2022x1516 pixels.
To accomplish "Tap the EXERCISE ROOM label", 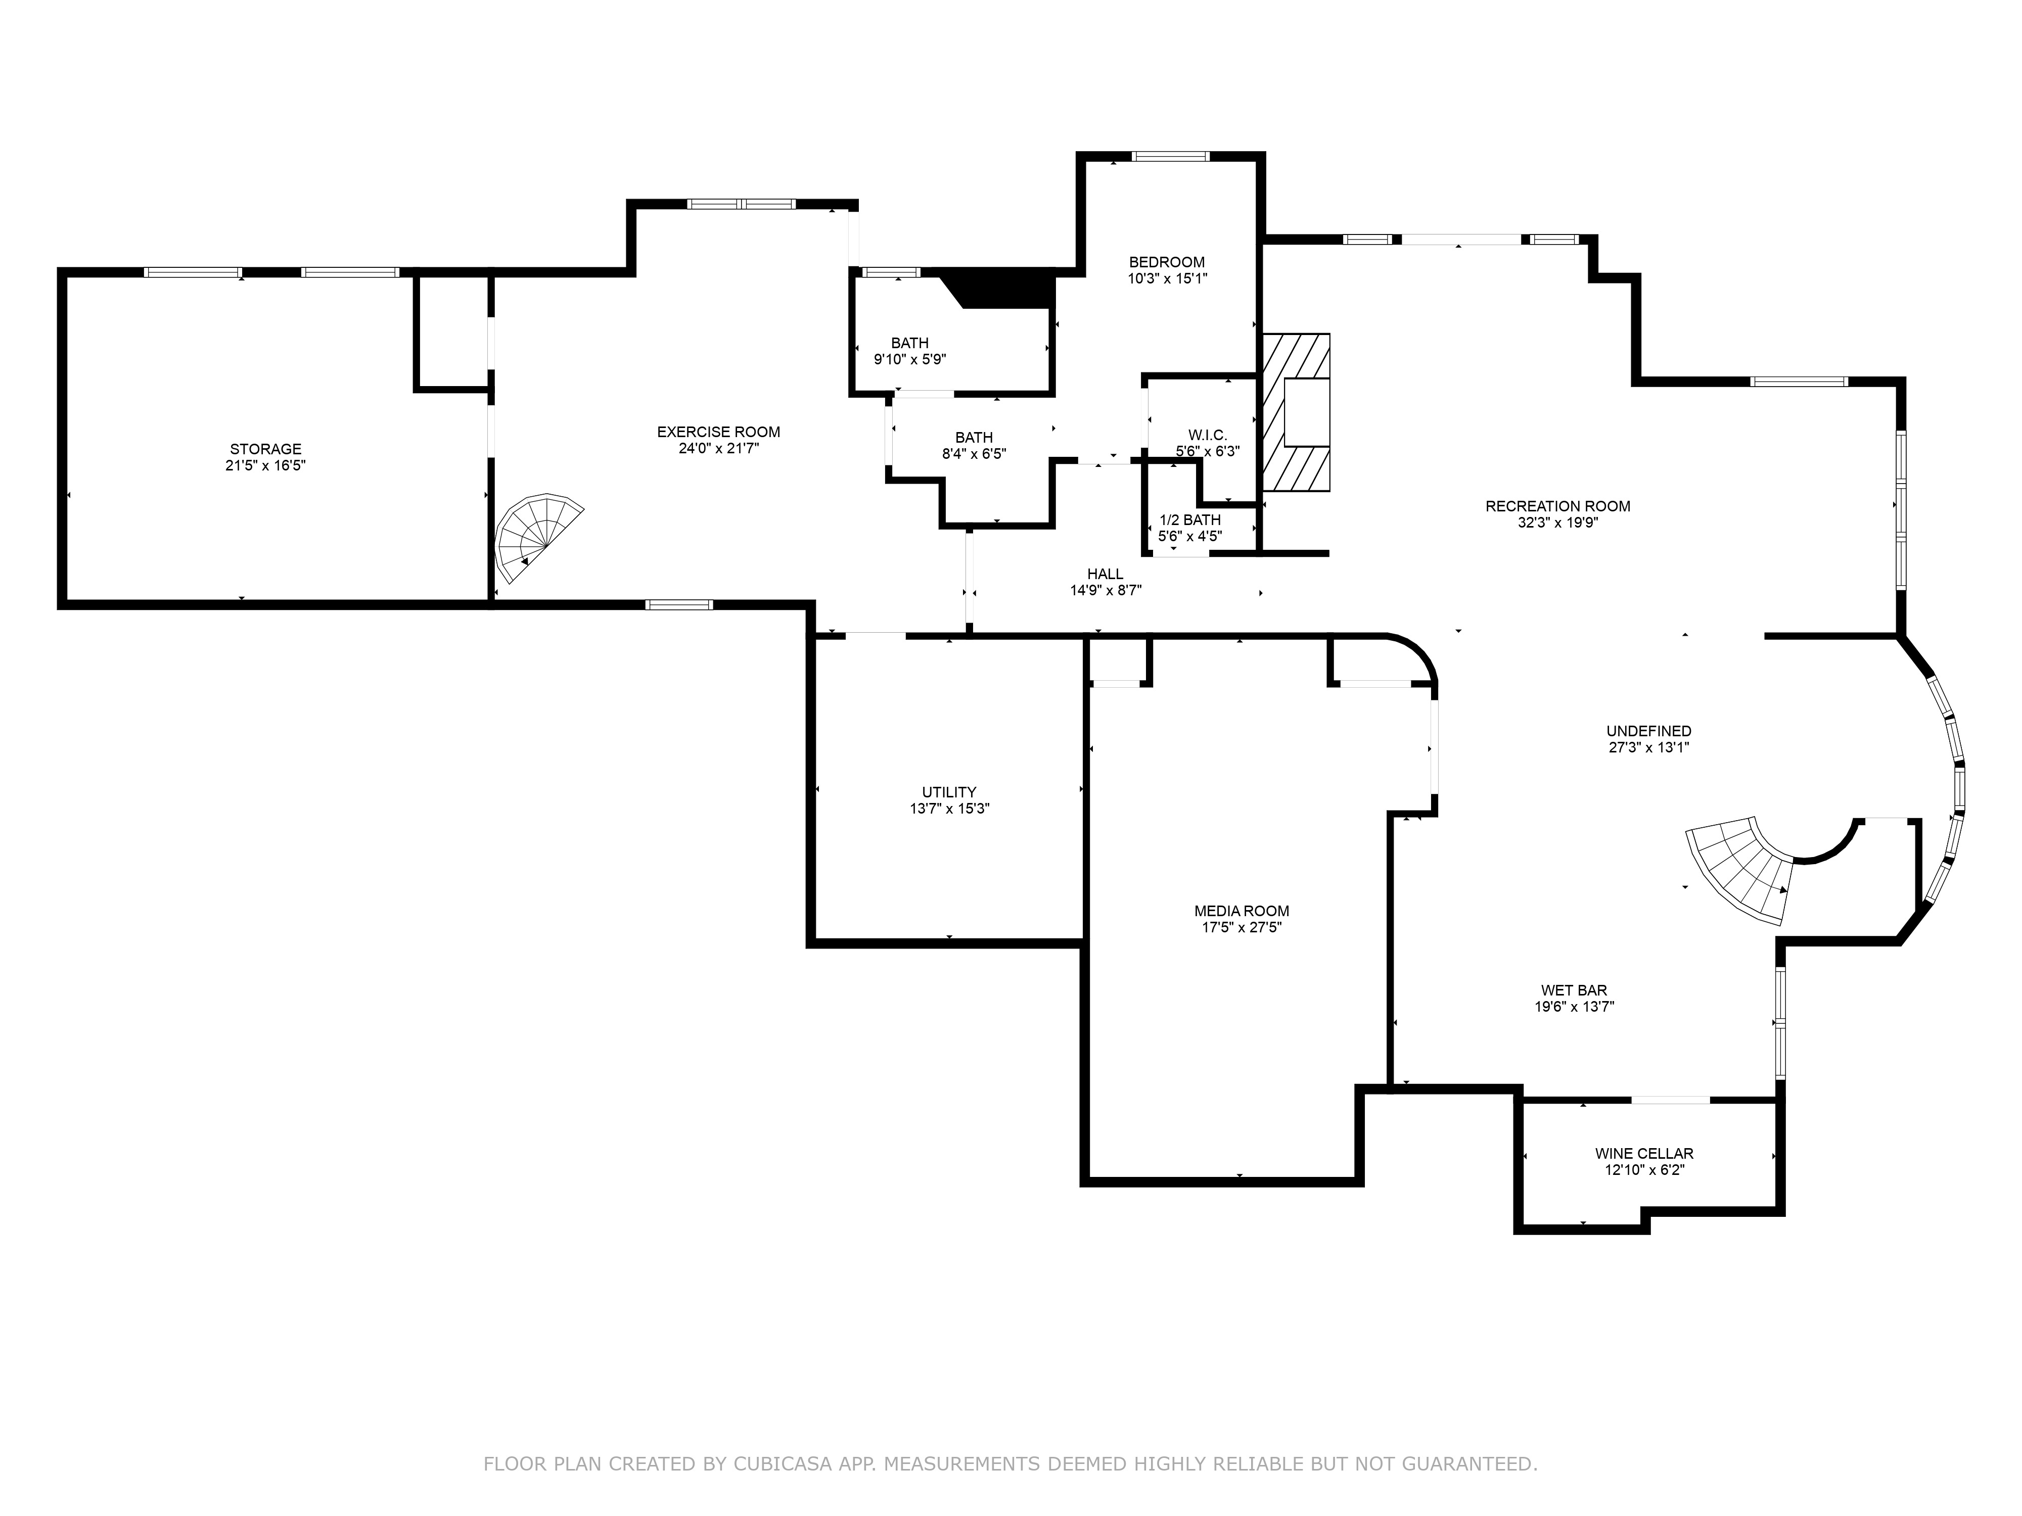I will click(718, 432).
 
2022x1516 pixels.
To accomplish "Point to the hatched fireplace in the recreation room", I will click(1296, 412).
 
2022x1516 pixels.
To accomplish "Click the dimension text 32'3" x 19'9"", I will click(1557, 523).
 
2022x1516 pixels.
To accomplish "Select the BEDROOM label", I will click(1166, 262).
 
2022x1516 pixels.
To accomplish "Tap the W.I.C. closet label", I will click(1208, 435).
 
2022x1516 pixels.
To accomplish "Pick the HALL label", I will click(1105, 574).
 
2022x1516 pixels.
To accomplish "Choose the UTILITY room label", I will click(949, 792).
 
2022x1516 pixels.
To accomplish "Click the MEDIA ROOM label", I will click(1242, 911).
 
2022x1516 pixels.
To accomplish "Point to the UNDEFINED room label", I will click(1649, 731).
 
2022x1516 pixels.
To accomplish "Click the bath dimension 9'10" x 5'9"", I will click(909, 360).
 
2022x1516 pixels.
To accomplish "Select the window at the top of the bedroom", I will click(1170, 156).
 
